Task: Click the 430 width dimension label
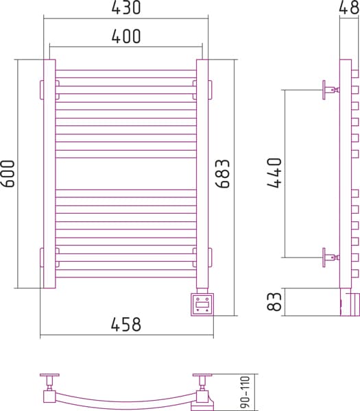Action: [x=126, y=8]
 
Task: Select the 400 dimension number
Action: [x=126, y=36]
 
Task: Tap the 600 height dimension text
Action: [x=8, y=173]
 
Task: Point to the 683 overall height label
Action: [x=222, y=173]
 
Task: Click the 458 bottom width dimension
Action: [x=126, y=324]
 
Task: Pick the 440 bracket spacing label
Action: [x=274, y=173]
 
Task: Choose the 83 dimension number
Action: [x=274, y=301]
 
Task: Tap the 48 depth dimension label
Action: [x=349, y=8]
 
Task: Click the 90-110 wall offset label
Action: [x=245, y=392]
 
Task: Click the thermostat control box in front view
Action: [x=202, y=305]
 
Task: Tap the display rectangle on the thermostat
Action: [x=202, y=305]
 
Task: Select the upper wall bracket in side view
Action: [x=331, y=90]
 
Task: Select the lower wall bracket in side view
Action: [x=331, y=258]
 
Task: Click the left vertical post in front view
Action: [x=49, y=174]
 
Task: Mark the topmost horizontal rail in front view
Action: [x=126, y=74]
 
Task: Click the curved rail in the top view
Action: [x=126, y=402]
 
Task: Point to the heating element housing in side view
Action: [x=350, y=302]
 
